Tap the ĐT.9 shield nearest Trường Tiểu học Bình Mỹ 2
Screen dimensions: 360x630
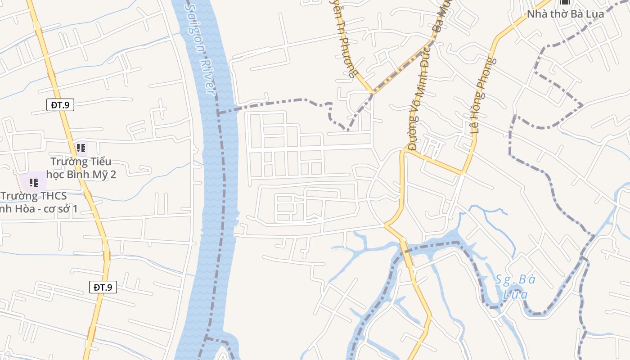pyautogui.click(x=60, y=105)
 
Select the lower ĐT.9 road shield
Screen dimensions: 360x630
pyautogui.click(x=103, y=287)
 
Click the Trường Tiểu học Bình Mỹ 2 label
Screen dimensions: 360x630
pyautogui.click(x=83, y=168)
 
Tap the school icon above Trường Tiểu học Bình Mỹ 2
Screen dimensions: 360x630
pyautogui.click(x=81, y=148)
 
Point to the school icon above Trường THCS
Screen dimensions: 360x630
pyautogui.click(x=33, y=182)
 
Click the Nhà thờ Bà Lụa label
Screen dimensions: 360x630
pyautogui.click(x=565, y=14)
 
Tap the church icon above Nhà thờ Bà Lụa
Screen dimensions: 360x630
pyautogui.click(x=565, y=2)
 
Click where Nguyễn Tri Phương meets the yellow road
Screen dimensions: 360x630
pyautogui.click(x=372, y=92)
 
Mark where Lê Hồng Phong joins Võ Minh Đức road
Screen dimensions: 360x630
pyautogui.click(x=463, y=172)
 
